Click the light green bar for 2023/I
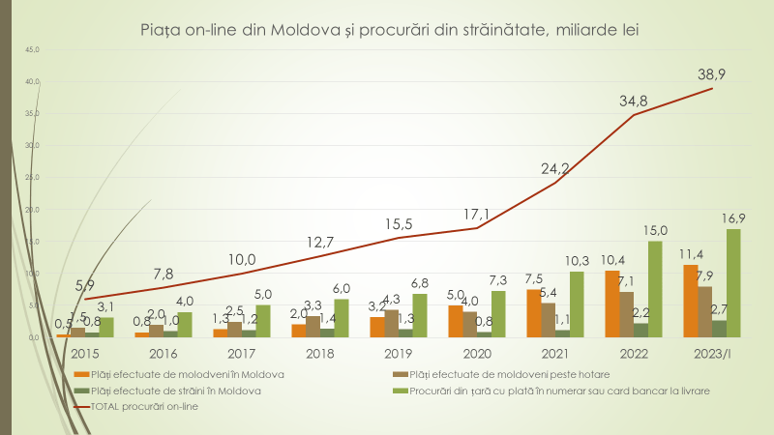click(x=733, y=283)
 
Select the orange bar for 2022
click(x=612, y=304)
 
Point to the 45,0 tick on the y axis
click(x=32, y=48)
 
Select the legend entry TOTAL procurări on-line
click(x=155, y=408)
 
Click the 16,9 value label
click(x=732, y=217)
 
